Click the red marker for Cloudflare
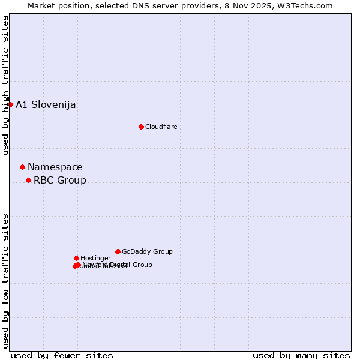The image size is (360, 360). pos(141,127)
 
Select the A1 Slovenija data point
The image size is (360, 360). pos(10,104)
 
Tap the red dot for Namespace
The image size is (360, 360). pos(22,167)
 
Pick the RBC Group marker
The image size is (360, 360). pos(28,180)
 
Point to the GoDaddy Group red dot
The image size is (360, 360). pos(118,251)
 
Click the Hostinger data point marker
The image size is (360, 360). pos(76,258)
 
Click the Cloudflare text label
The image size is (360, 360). pos(161,127)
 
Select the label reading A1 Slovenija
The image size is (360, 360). pos(46,105)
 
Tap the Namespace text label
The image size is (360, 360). pos(55,167)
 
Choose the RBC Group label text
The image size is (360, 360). pos(60,181)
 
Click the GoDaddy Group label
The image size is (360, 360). pos(147,252)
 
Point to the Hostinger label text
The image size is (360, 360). pos(95,259)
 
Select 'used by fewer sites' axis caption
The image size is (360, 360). pos(62,355)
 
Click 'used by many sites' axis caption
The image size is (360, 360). pos(301,355)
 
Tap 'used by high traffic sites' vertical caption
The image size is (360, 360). pos(5,85)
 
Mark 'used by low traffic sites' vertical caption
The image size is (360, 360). pos(5,281)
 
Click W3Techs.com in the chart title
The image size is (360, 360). pos(309,5)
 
